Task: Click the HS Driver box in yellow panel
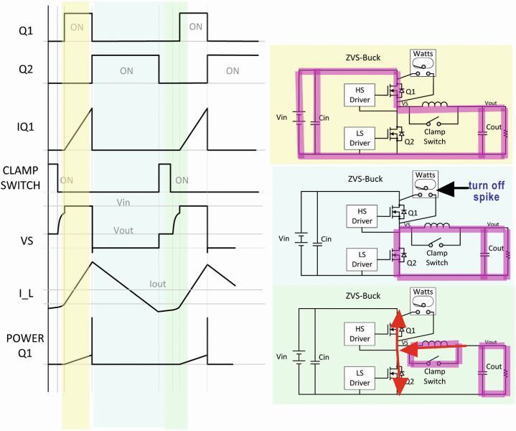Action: (360, 93)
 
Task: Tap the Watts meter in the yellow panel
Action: (421, 63)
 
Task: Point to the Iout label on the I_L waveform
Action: (157, 284)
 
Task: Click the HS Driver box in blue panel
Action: (360, 213)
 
